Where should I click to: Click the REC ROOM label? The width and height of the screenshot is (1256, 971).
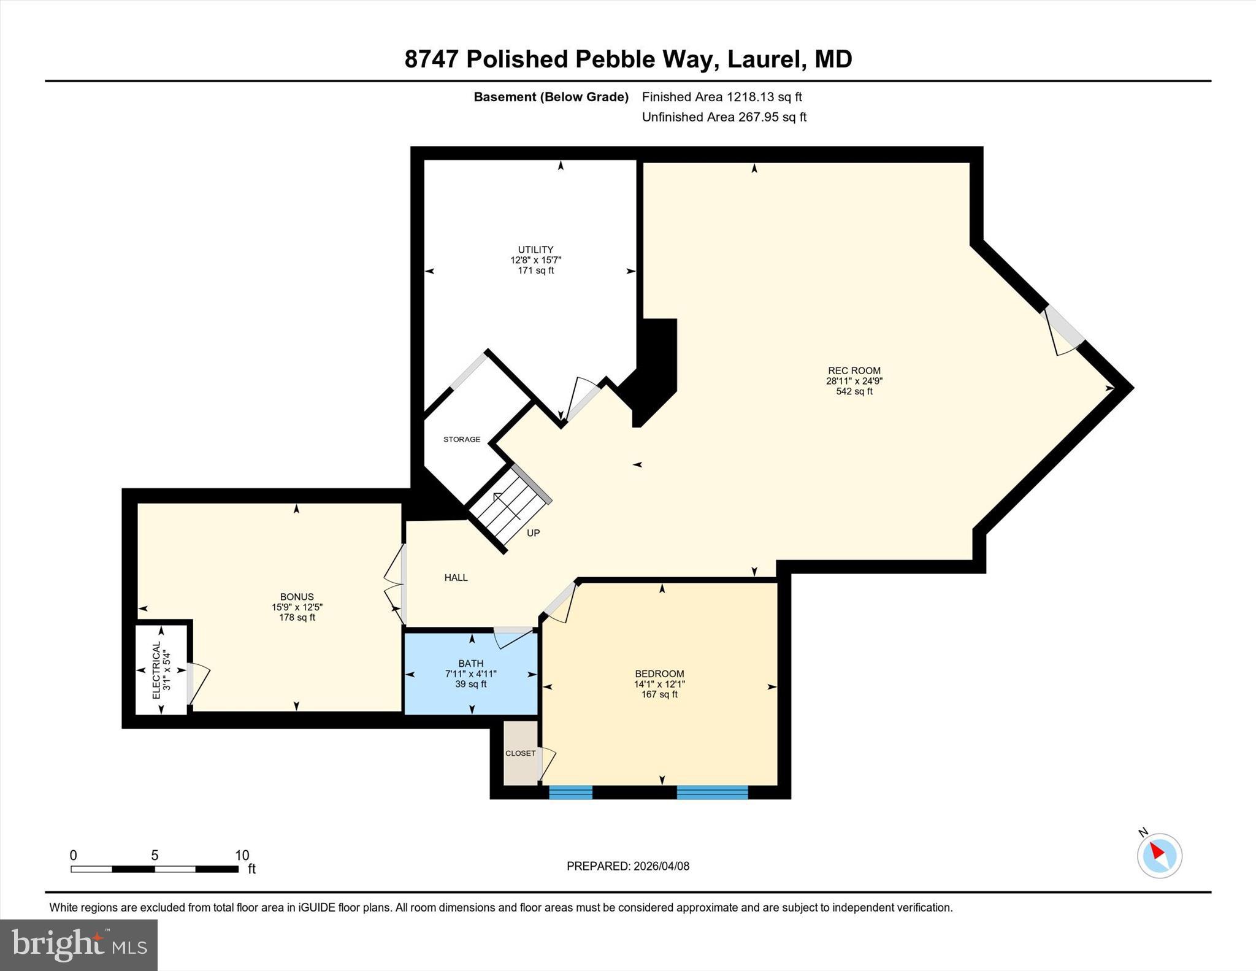(854, 370)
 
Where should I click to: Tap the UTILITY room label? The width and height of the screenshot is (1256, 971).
(535, 250)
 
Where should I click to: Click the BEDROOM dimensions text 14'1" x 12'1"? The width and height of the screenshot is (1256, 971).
(659, 684)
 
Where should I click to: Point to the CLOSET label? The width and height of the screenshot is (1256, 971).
(520, 753)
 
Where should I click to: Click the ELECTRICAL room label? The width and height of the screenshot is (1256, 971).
(156, 670)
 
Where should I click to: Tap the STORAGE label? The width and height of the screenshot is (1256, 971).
(462, 439)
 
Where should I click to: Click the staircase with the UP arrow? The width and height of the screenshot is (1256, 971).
(509, 506)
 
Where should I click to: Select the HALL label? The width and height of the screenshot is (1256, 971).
(456, 577)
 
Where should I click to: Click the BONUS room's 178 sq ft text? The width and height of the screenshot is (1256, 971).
(297, 618)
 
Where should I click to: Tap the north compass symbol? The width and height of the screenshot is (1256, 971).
(1159, 855)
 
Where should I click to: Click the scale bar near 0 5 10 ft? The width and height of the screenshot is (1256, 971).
(154, 869)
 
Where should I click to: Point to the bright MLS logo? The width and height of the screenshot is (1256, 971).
(78, 945)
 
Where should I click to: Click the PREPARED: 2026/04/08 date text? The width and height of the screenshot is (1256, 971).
(627, 866)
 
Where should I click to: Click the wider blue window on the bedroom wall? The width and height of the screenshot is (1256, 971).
(712, 792)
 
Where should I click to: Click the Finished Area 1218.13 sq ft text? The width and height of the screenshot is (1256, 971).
(721, 97)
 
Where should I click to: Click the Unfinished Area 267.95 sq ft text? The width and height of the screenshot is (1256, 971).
(724, 117)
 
